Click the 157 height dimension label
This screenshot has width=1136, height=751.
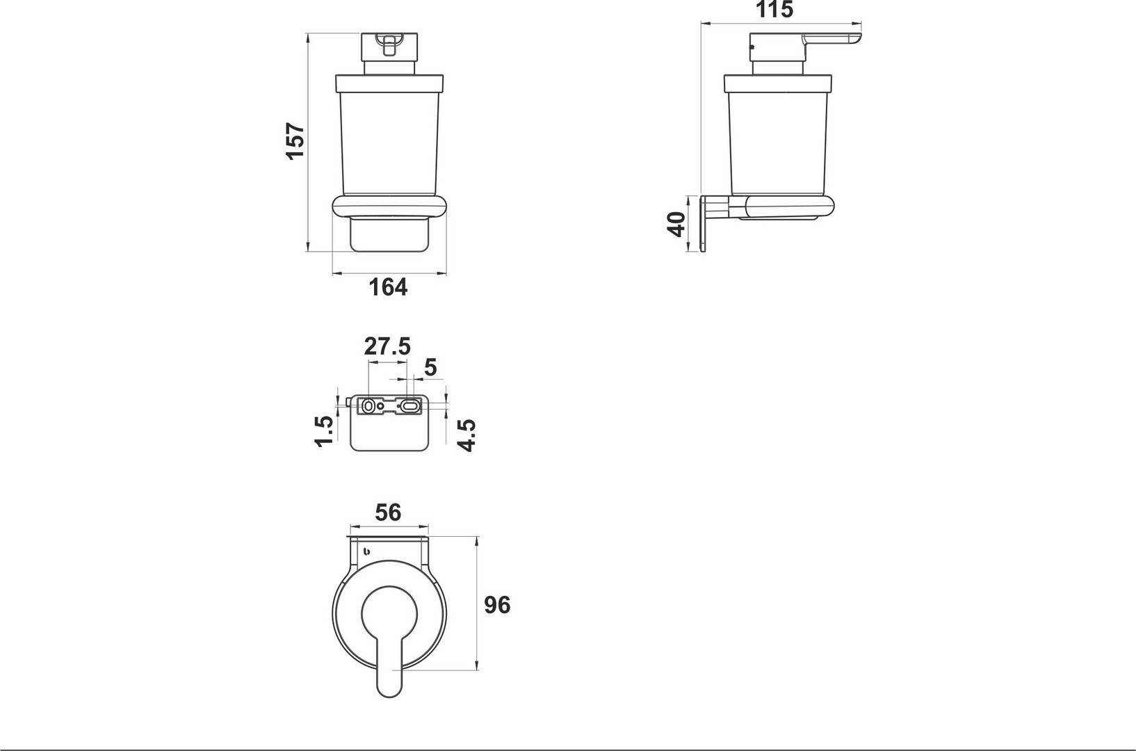click(x=295, y=141)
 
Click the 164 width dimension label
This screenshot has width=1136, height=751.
click(x=388, y=287)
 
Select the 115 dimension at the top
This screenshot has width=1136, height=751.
click(x=774, y=9)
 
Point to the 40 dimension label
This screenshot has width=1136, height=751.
click(x=676, y=224)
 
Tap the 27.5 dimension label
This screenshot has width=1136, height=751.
click(x=387, y=346)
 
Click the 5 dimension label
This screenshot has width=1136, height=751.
click(x=430, y=367)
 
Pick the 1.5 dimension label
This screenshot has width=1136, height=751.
click(x=324, y=431)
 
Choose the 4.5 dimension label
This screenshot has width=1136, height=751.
click(x=466, y=435)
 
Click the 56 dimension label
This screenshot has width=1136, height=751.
click(x=388, y=512)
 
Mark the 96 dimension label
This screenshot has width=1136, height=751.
click(x=497, y=605)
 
